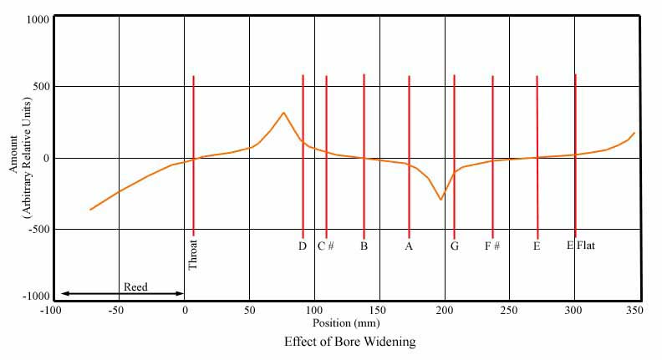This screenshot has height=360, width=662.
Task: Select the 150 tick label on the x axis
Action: [379, 310]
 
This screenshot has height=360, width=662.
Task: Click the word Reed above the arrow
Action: [135, 287]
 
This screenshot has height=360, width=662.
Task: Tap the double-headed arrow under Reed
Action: [122, 294]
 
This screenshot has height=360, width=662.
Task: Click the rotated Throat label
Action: [193, 254]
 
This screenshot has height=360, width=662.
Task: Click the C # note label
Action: [326, 246]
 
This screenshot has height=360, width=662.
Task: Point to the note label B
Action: [364, 246]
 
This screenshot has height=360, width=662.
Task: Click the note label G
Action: [454, 246]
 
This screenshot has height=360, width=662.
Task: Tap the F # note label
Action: [492, 246]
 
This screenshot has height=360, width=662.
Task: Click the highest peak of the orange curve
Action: [284, 113]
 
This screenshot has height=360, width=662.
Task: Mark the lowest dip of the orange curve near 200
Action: [440, 200]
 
